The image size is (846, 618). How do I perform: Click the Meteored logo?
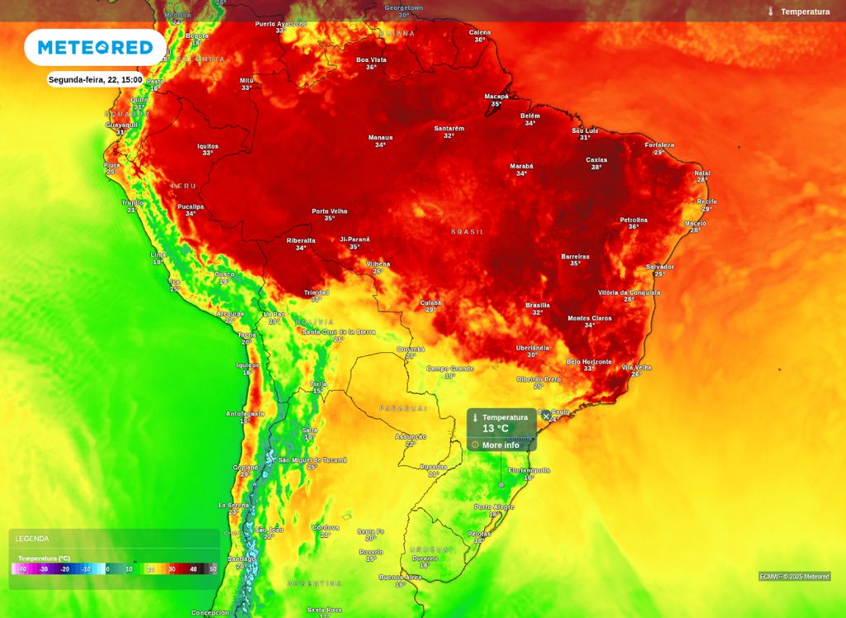(95, 47)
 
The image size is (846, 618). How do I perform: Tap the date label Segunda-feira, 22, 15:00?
(95, 80)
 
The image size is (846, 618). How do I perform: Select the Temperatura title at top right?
(805, 12)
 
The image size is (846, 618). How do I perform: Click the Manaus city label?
(380, 138)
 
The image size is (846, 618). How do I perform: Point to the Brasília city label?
(538, 305)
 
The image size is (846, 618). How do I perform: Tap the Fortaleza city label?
(659, 145)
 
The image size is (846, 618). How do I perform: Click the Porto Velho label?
(329, 211)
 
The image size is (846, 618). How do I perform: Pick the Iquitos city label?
(208, 146)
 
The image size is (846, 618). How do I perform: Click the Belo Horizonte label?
(589, 362)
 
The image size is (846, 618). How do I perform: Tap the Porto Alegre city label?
(494, 507)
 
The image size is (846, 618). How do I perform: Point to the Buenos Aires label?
(400, 578)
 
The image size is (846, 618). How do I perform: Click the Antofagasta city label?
(245, 413)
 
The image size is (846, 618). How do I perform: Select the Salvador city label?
(660, 267)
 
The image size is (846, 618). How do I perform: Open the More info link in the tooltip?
(501, 445)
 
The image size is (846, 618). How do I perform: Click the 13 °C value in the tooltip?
(496, 429)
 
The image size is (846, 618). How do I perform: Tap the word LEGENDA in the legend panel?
(32, 539)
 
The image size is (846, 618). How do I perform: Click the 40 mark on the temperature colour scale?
(192, 569)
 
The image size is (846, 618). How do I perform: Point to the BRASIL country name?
(468, 232)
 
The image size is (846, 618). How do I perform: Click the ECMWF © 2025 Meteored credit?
(795, 577)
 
